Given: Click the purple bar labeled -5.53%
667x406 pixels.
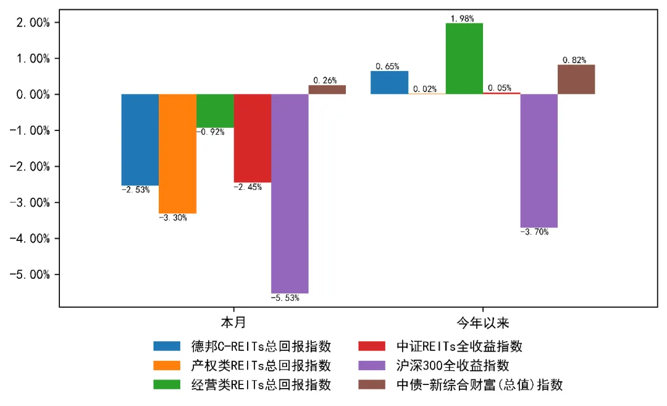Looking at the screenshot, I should coord(290,193).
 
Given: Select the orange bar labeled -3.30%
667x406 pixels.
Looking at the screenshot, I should coord(177,153).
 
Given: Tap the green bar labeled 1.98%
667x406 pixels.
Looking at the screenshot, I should coord(464,59).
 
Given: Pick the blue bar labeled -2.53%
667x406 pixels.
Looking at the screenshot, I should coord(140,140).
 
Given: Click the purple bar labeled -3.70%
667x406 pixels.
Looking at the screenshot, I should coord(539,161).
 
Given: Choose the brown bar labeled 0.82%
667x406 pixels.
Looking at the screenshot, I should coord(576,79).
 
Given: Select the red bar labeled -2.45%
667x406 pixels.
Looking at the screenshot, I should coord(252,138).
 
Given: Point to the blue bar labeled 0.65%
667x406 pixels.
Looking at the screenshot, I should coord(389,83).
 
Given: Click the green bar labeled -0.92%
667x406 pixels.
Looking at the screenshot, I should coord(215,111).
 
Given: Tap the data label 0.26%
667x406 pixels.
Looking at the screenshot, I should coord(325,80).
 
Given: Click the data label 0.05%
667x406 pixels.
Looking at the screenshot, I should coord(499,88).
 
